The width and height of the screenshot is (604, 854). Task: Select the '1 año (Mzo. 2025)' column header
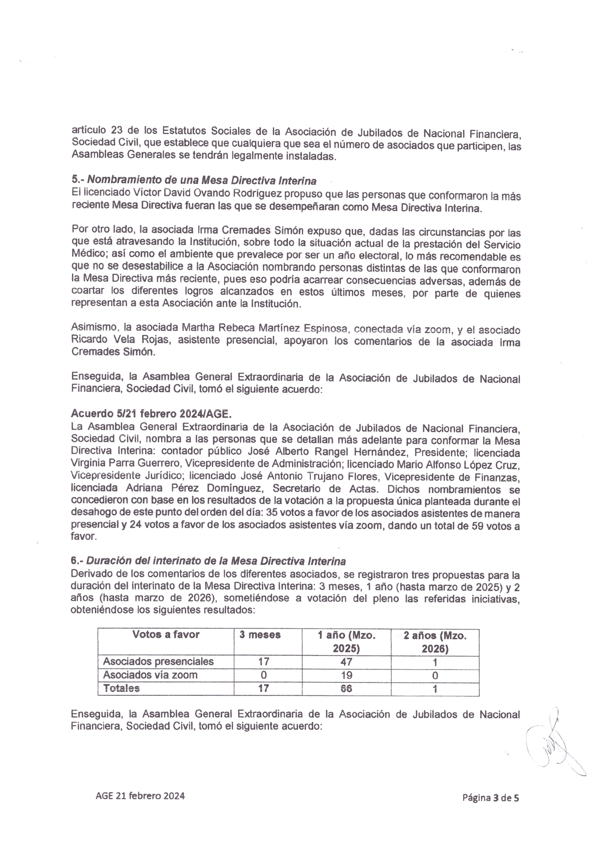coord(346,641)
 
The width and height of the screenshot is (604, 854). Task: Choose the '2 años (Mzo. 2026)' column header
coord(434,641)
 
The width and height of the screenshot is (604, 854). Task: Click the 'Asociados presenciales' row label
coord(159,662)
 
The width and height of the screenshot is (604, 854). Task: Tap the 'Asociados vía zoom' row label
coord(151,675)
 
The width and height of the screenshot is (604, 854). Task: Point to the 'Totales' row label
coord(121,688)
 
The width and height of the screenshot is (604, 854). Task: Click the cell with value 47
coord(346,662)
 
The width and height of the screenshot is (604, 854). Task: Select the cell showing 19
coord(346,675)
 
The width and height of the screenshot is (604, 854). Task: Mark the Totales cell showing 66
coord(346,689)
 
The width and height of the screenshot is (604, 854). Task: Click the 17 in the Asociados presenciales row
coord(264,662)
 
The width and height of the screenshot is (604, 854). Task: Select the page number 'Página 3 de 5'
coord(490,798)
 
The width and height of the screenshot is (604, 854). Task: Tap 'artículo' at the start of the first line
coord(87,131)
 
